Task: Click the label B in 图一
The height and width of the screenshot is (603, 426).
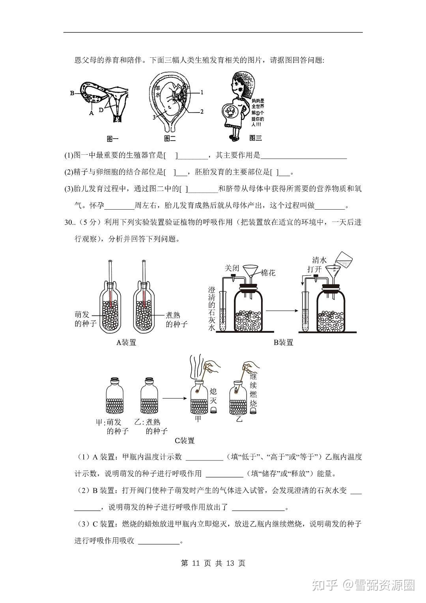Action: coord(72,93)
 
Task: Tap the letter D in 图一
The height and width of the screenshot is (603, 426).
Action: coord(101,110)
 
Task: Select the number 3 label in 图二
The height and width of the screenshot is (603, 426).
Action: coord(154,117)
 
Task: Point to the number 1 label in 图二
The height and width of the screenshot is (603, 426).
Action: coord(202,92)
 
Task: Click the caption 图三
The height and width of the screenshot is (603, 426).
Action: coord(256,138)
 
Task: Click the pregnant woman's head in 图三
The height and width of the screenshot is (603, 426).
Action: coord(241,85)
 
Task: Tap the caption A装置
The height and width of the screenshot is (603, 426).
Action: coord(126,342)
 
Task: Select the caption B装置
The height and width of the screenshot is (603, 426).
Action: coord(283,342)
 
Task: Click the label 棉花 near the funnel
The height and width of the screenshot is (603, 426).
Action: coord(268,273)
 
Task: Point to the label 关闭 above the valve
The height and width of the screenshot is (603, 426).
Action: coord(232,268)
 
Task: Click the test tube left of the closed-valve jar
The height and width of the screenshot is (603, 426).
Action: coord(222,312)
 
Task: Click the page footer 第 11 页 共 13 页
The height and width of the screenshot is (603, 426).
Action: coord(213,563)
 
